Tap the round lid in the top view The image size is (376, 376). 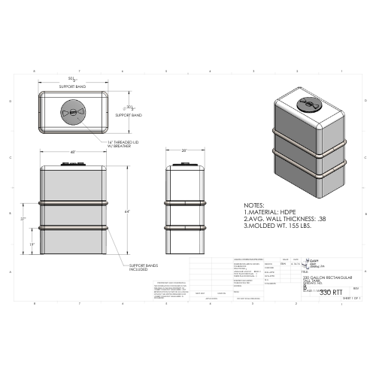(73, 112)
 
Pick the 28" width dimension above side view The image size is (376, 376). (184, 151)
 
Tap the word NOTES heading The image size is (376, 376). (256, 205)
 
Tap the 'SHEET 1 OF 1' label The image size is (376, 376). (351, 299)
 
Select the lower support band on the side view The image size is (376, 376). (184, 226)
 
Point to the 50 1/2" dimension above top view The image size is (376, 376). (73, 78)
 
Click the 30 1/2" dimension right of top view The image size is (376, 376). (130, 107)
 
